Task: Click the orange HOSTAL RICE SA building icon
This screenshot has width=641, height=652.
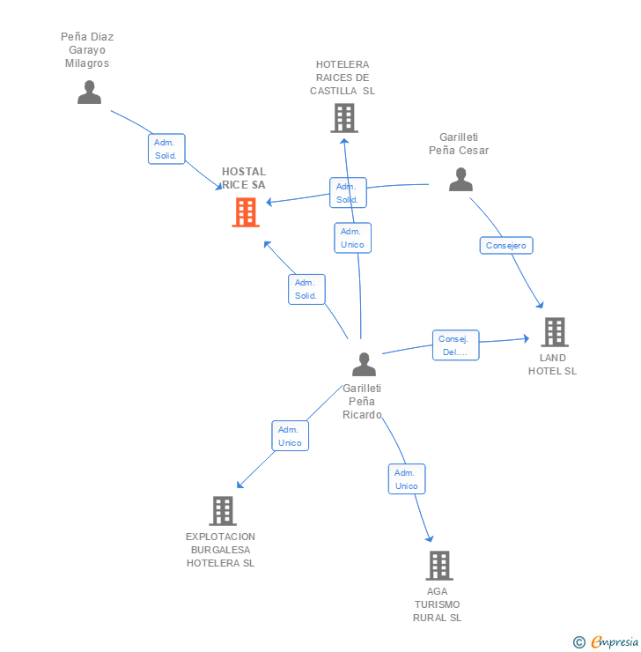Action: tap(246, 212)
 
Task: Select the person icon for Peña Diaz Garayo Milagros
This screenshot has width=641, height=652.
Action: tap(89, 92)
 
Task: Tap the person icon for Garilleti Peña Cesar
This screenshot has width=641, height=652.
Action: tap(460, 179)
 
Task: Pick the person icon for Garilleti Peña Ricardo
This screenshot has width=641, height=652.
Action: tap(364, 364)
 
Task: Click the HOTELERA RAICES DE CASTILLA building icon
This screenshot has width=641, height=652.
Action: tap(344, 118)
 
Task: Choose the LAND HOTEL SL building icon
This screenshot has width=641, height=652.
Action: tap(555, 332)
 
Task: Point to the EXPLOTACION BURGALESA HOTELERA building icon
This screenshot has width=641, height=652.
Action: tap(223, 511)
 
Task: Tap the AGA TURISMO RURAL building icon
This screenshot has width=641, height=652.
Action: tap(439, 566)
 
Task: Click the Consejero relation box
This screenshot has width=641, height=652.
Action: tap(506, 245)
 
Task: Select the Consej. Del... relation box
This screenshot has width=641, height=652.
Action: tap(456, 345)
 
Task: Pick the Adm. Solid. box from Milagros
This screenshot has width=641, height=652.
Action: tap(166, 149)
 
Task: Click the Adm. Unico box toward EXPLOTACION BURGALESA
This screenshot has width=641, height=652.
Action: tap(291, 436)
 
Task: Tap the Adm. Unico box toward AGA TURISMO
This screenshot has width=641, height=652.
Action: tap(407, 479)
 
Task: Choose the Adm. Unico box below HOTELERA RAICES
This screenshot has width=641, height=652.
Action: tap(353, 238)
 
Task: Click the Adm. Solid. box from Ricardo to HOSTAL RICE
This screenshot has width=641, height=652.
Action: tap(306, 289)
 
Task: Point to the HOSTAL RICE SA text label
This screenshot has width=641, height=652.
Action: tap(244, 178)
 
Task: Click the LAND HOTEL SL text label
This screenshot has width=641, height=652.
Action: tap(553, 364)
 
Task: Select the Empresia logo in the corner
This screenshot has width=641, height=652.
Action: tap(606, 642)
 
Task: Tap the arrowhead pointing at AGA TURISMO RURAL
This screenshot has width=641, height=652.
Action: tap(430, 538)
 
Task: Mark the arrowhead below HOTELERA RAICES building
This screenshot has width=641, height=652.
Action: tap(344, 141)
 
